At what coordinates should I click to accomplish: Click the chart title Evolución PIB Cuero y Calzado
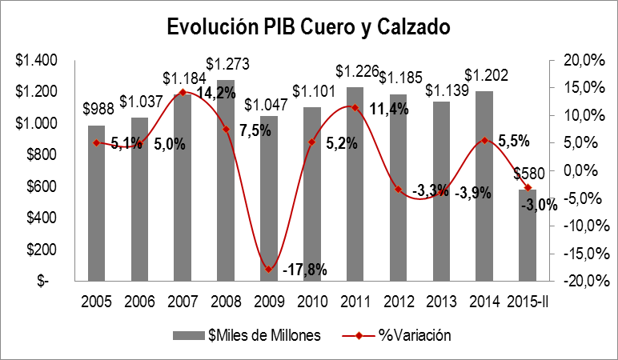click(308, 26)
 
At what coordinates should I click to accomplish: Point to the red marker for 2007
click(183, 92)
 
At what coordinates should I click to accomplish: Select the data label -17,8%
click(305, 269)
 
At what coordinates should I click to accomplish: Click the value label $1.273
click(226, 63)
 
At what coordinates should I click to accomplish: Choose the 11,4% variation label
click(390, 108)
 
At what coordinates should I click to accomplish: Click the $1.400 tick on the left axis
click(35, 60)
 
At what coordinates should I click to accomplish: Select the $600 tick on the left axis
click(38, 186)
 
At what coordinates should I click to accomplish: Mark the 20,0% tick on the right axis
click(580, 60)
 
